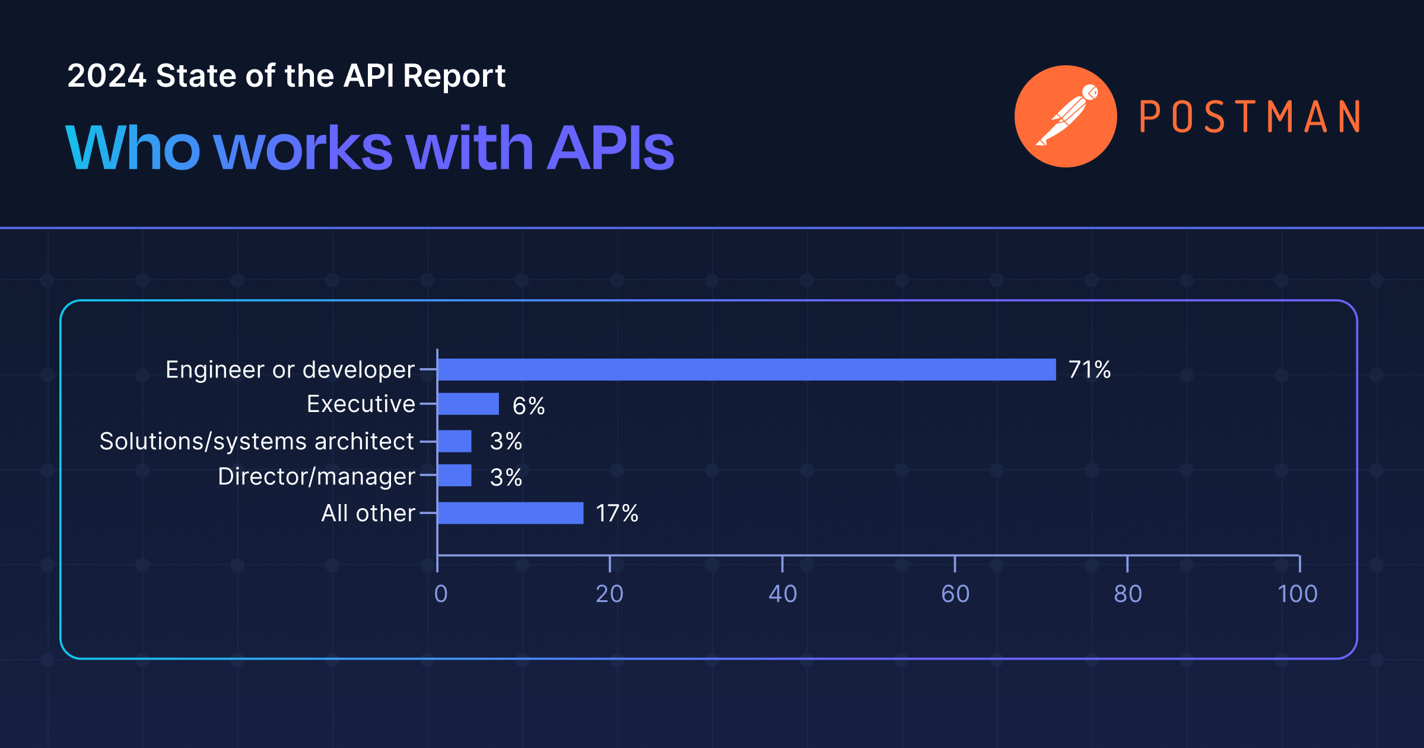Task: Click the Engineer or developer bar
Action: click(746, 369)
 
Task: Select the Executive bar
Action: click(468, 404)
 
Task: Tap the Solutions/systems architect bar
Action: click(454, 441)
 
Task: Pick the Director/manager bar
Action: click(454, 476)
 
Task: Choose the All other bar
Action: click(510, 513)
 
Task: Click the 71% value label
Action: click(1089, 369)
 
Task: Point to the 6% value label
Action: click(528, 406)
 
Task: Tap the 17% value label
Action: click(616, 513)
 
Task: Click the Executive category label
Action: click(361, 404)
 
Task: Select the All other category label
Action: click(368, 513)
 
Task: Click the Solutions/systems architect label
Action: click(256, 441)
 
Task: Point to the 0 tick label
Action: click(440, 594)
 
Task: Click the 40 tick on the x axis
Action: click(783, 594)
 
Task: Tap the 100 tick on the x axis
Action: click(1298, 594)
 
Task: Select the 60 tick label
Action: click(955, 594)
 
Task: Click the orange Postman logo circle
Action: click(1066, 116)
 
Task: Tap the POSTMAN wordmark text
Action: click(1250, 116)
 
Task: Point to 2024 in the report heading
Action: click(107, 76)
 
